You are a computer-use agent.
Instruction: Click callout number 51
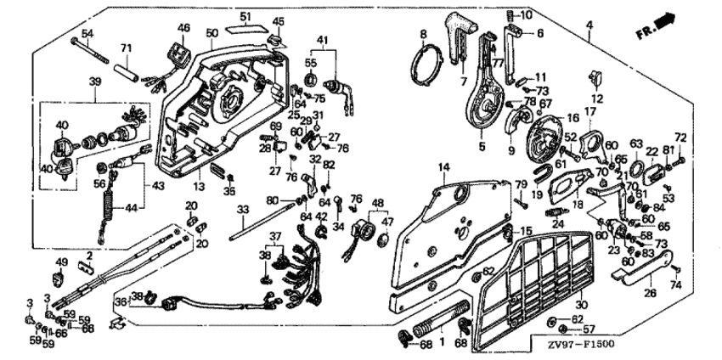(245, 16)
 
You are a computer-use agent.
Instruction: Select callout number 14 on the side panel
(443, 168)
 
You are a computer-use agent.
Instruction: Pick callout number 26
(649, 295)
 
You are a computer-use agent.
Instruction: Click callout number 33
(241, 208)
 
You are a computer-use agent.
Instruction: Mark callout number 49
(60, 261)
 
